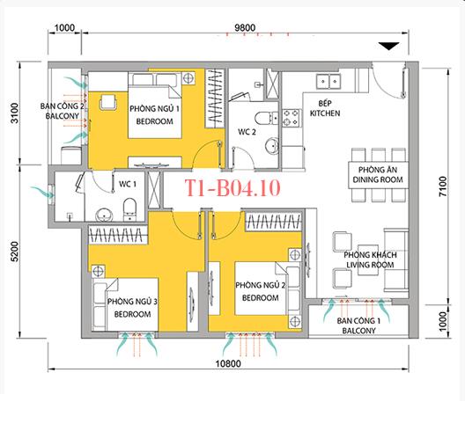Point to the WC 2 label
point(247,133)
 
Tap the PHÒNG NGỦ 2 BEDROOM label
point(257,292)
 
